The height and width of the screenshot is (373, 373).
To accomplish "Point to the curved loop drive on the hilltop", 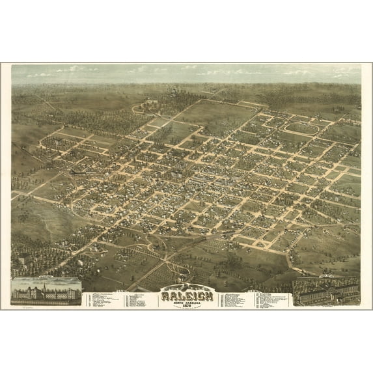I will click(x=147, y=107).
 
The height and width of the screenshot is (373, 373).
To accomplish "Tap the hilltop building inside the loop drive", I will click(x=148, y=104).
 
